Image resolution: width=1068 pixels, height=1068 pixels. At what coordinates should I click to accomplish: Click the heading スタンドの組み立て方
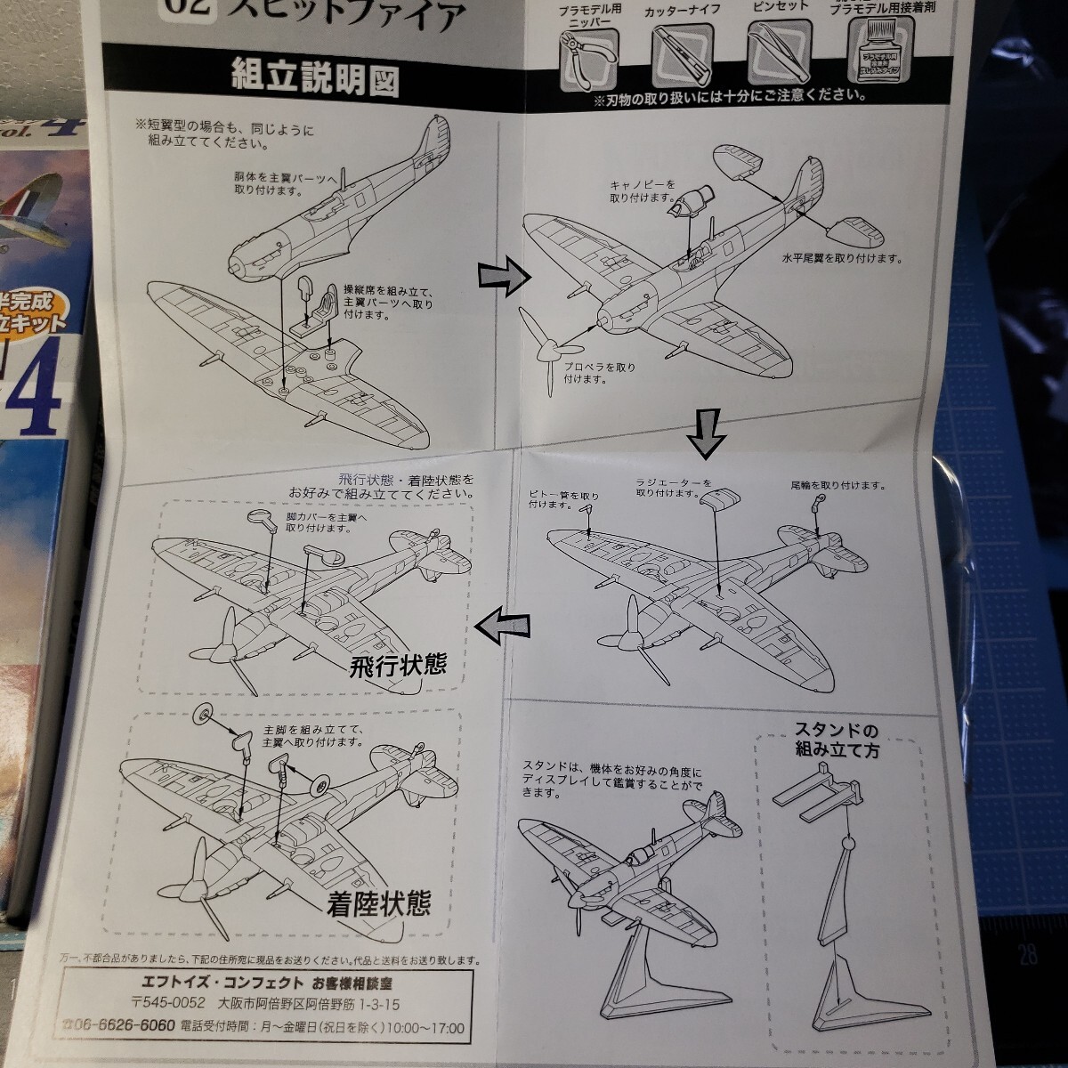pos(837,740)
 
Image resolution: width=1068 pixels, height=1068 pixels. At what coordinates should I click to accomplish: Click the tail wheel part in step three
pos(816,507)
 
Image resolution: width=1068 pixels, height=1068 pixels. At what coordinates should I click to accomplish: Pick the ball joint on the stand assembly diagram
pos(848,841)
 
